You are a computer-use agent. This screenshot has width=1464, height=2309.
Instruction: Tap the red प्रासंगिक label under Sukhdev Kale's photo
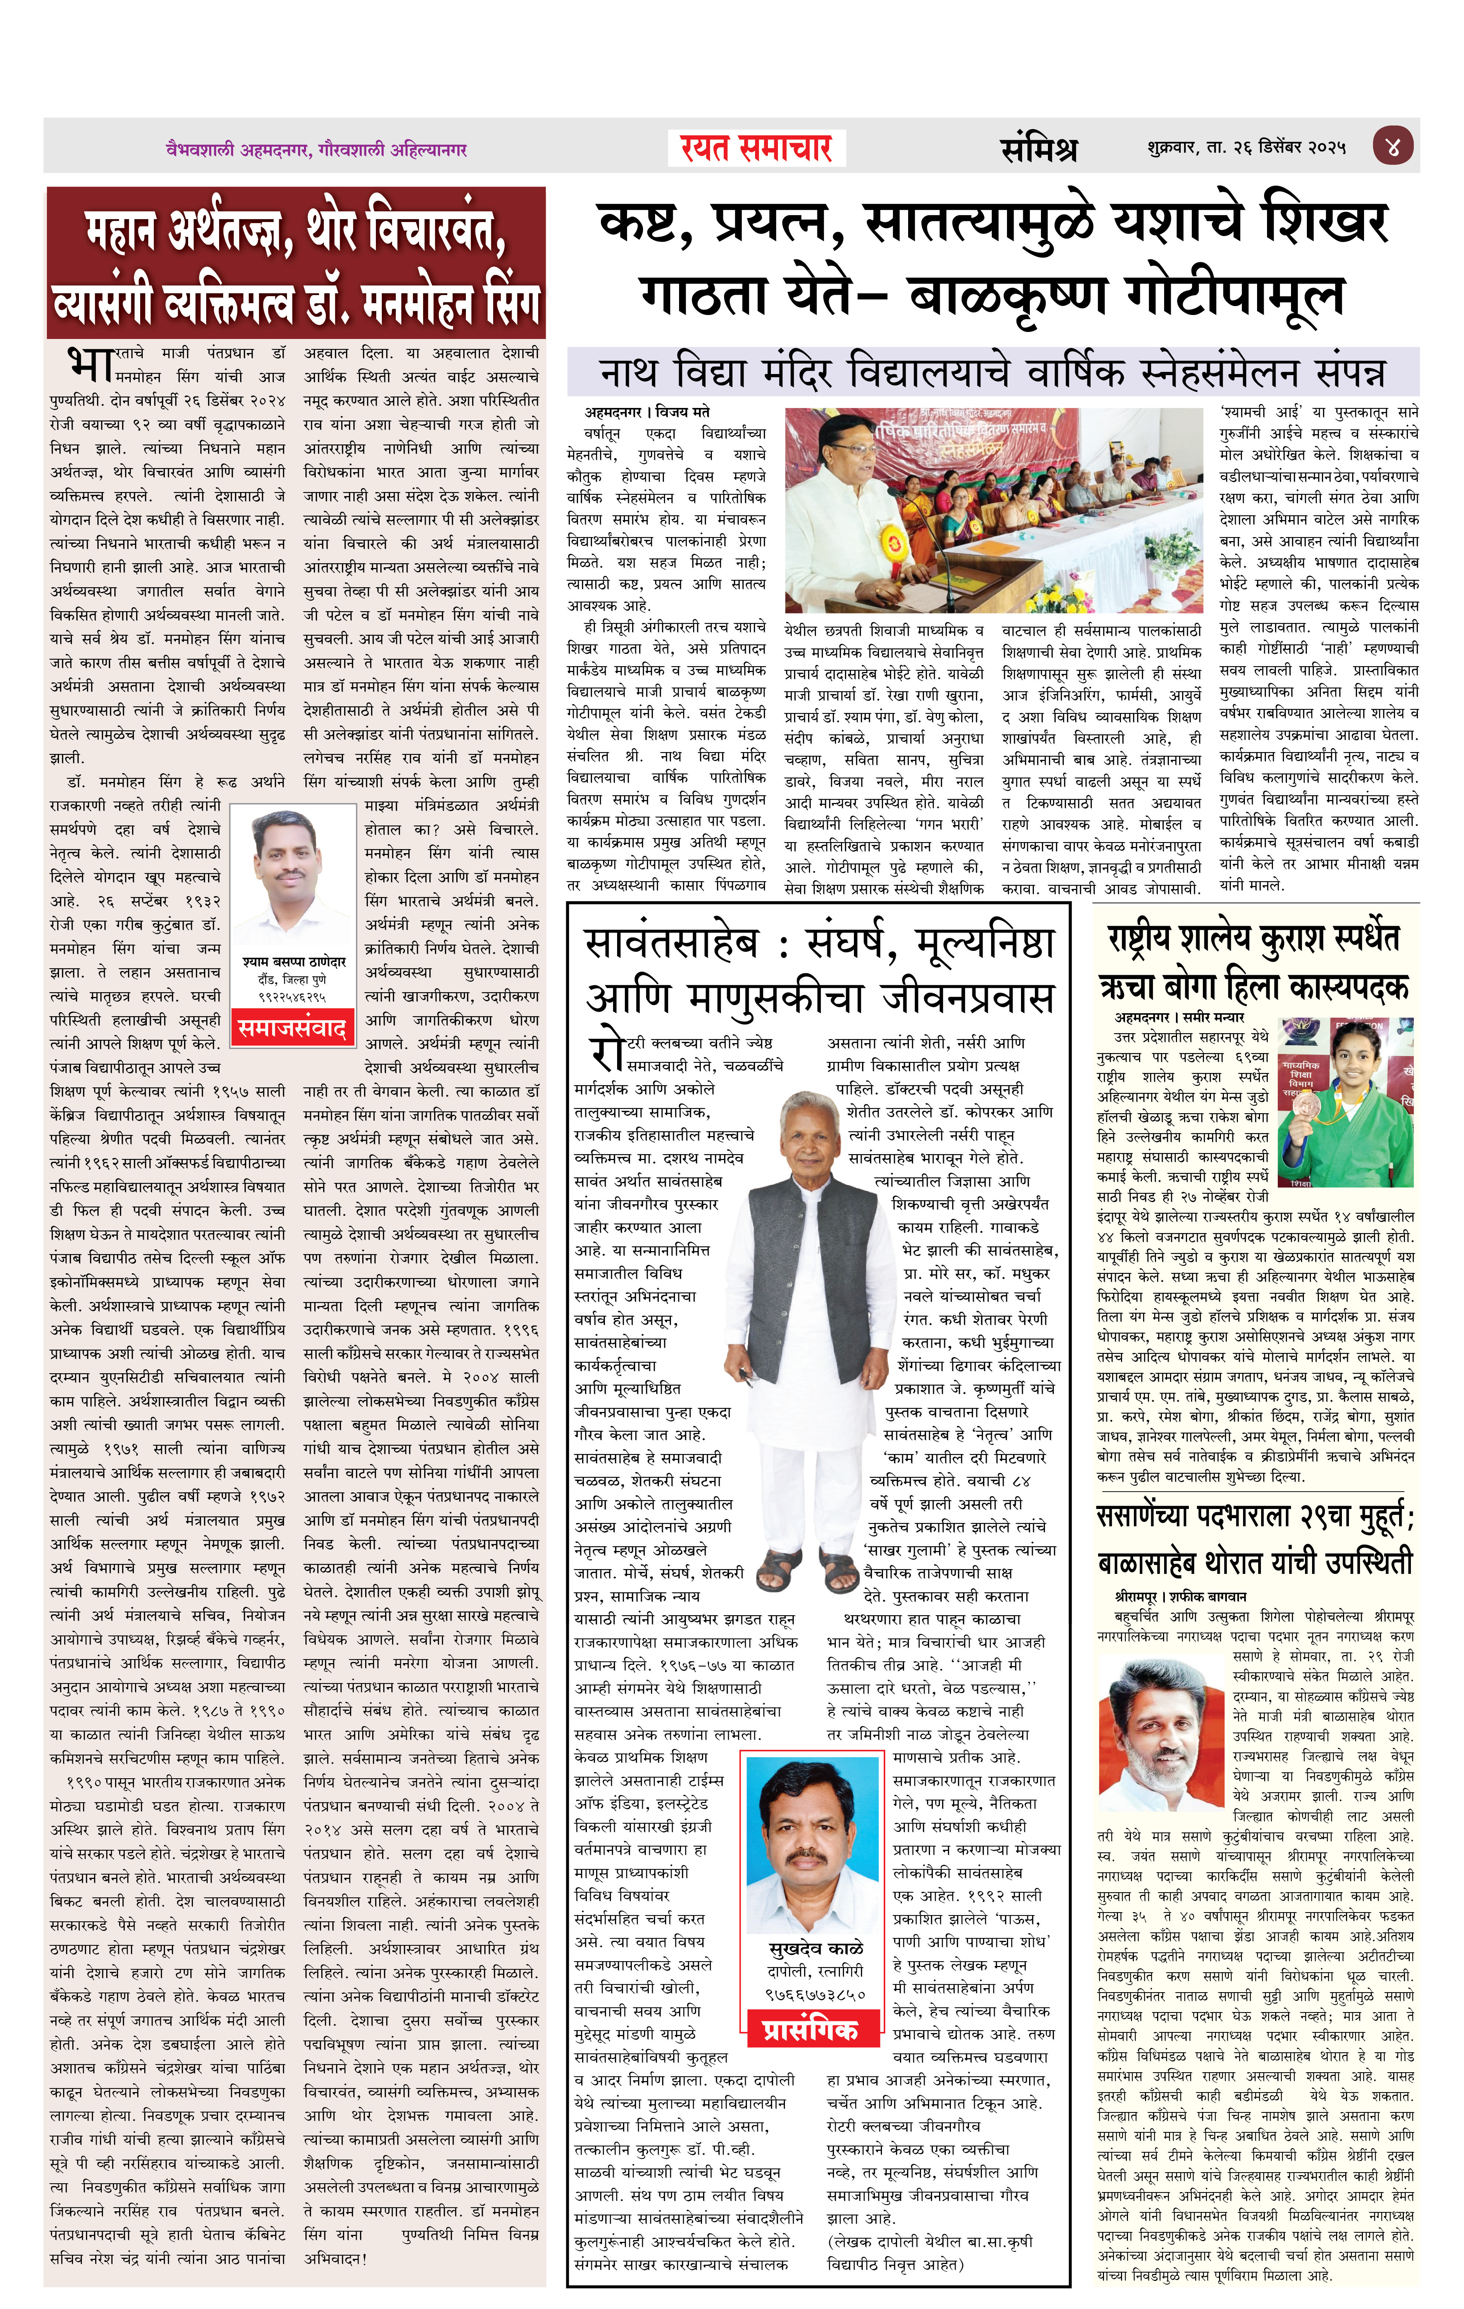point(810,2030)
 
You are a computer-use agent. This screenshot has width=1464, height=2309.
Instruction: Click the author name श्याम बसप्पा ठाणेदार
point(293,962)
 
